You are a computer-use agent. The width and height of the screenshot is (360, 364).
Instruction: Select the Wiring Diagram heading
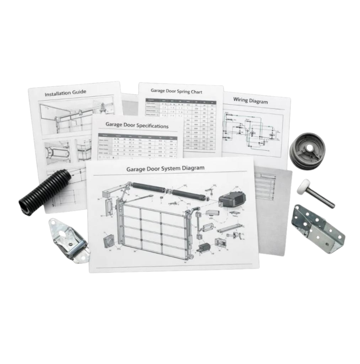[x=250, y=100]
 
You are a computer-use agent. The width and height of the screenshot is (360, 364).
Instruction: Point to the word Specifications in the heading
[x=152, y=126]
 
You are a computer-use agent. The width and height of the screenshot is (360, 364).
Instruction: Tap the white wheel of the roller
[x=303, y=186]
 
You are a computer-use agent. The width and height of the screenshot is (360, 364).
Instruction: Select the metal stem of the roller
[x=322, y=199]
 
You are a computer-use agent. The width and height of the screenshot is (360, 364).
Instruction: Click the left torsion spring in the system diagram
[x=149, y=188]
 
